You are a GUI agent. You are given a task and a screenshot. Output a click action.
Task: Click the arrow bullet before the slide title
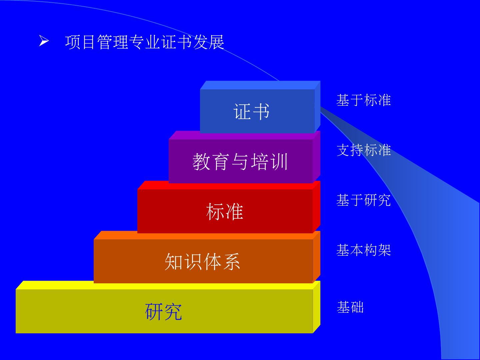(x=44, y=42)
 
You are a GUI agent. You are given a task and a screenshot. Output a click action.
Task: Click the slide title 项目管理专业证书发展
(x=145, y=42)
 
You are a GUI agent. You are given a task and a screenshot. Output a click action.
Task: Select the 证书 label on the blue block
(x=252, y=111)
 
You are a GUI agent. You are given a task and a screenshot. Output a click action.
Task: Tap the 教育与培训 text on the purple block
(x=240, y=162)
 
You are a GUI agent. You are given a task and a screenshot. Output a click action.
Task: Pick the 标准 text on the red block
(x=225, y=211)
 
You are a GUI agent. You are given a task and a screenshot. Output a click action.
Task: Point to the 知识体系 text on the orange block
(x=203, y=261)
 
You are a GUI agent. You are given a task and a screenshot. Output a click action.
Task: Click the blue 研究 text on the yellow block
(x=164, y=311)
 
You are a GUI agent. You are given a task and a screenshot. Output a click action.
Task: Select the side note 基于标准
(x=363, y=100)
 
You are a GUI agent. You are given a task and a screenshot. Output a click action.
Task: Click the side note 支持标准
(x=363, y=150)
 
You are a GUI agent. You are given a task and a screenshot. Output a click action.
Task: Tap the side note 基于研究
(x=363, y=200)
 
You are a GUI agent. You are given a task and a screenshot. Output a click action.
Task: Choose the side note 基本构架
(x=363, y=250)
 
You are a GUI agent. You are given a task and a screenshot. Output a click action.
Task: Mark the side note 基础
(x=350, y=307)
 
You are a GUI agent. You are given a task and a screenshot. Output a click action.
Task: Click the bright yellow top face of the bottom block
(x=167, y=285)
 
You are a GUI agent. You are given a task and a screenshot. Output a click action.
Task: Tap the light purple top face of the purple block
(x=243, y=135)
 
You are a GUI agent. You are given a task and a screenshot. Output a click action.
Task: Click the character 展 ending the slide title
(x=217, y=42)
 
